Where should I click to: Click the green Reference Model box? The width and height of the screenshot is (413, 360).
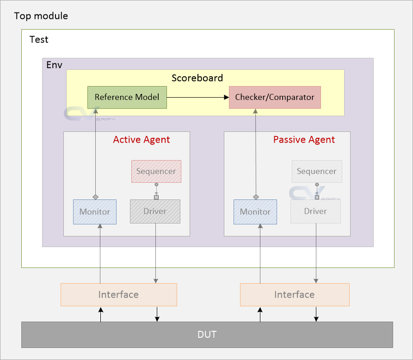(x=127, y=97)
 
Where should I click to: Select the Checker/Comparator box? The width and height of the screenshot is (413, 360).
(x=275, y=97)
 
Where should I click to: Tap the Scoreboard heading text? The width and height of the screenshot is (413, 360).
(x=197, y=78)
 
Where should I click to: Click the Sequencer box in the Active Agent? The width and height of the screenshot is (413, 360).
(x=156, y=171)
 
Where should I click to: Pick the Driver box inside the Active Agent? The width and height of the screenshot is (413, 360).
(x=155, y=211)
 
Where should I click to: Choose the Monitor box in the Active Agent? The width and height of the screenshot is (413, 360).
(x=95, y=212)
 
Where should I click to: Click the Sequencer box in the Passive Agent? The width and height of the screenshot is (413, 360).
(x=317, y=171)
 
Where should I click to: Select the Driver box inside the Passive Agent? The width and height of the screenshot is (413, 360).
(x=315, y=211)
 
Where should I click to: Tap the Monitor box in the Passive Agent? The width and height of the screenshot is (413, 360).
(x=255, y=212)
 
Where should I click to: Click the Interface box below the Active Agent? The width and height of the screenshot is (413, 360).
(x=119, y=295)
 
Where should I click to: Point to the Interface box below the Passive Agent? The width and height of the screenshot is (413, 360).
(x=295, y=295)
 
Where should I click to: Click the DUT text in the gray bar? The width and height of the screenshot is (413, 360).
(x=207, y=335)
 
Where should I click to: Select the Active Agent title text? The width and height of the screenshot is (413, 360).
(x=142, y=140)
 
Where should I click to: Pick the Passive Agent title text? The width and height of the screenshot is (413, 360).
(x=304, y=140)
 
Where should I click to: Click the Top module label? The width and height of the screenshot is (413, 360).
(x=41, y=16)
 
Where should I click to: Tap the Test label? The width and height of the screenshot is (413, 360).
(x=39, y=39)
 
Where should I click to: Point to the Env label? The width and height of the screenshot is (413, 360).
(x=54, y=65)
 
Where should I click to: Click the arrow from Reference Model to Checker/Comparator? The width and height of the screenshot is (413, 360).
(x=198, y=97)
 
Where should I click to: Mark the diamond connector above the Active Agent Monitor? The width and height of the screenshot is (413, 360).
(x=95, y=197)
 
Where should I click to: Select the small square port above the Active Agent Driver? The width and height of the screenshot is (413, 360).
(x=156, y=198)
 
